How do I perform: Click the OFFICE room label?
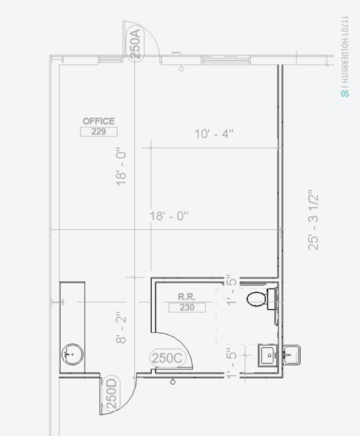click(x=99, y=121)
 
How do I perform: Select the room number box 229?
click(x=99, y=132)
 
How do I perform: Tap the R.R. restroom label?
click(x=186, y=297)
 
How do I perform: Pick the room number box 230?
click(x=186, y=308)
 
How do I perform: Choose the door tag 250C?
click(x=167, y=357)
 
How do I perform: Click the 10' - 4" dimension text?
click(x=214, y=134)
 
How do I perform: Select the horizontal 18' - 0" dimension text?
click(x=170, y=216)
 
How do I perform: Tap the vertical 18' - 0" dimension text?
click(x=122, y=167)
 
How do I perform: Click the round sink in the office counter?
click(x=72, y=354)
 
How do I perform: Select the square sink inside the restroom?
click(x=267, y=354)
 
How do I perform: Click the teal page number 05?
click(x=344, y=93)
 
